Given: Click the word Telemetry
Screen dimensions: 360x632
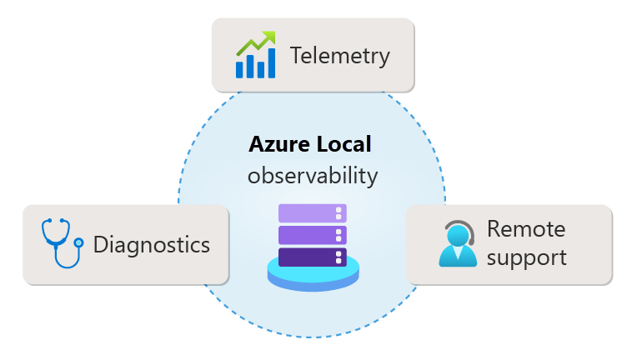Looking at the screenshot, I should [x=340, y=56].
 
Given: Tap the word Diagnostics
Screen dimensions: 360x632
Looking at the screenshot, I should [x=152, y=245].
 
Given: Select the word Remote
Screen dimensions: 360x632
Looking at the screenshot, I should [x=526, y=228].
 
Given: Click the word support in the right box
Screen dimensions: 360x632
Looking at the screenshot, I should [x=527, y=257].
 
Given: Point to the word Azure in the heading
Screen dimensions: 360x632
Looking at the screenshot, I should [x=279, y=144].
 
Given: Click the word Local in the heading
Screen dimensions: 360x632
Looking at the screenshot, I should [x=341, y=144].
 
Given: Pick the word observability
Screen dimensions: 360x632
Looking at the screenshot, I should [x=313, y=176].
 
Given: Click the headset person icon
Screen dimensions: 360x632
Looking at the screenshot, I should [x=457, y=243].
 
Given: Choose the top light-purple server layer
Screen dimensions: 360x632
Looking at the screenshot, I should [x=313, y=213].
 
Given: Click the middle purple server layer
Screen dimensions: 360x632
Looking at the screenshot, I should [x=313, y=234].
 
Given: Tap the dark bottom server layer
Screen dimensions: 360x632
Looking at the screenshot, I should [x=313, y=256].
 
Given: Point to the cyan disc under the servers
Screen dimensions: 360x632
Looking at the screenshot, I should [x=313, y=275].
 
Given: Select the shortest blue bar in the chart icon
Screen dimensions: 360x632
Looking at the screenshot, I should [x=240, y=68].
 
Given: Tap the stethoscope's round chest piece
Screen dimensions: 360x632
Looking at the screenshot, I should [x=79, y=242].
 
